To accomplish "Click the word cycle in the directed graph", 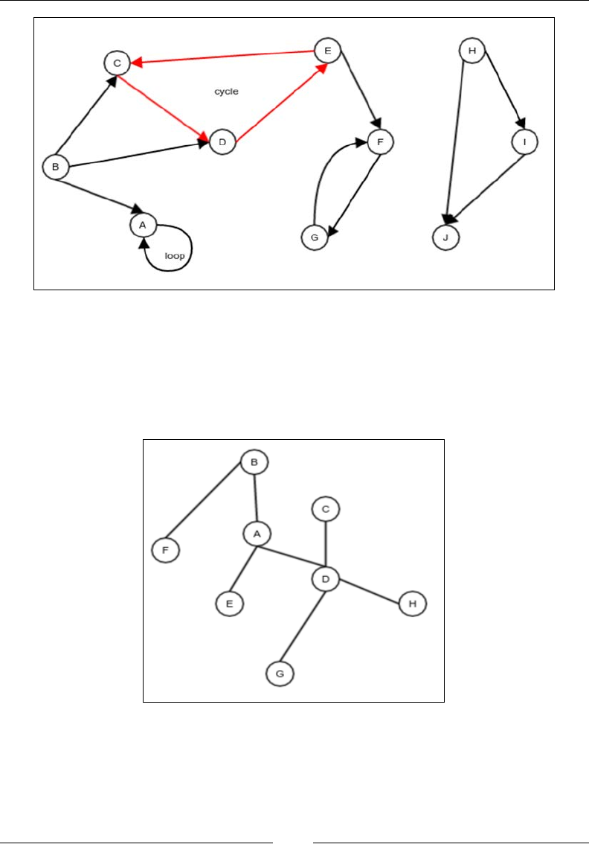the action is click(x=226, y=92).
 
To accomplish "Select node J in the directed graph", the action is click(x=446, y=237).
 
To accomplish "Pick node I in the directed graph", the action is click(x=524, y=141).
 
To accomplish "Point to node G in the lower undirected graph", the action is click(x=280, y=673).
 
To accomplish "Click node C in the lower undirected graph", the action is click(x=326, y=509).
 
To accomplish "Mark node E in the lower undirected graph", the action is click(x=230, y=603).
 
